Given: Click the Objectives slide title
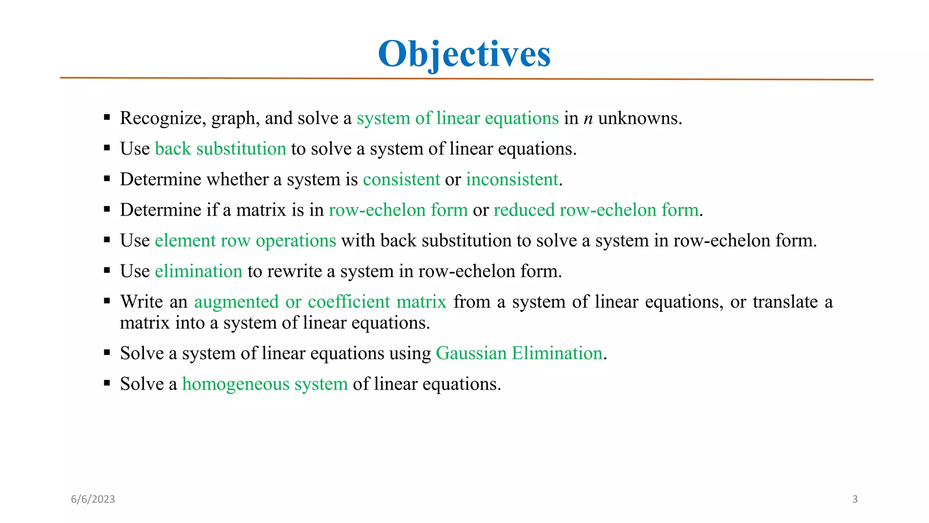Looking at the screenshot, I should [464, 54].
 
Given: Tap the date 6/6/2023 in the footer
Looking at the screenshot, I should [93, 499].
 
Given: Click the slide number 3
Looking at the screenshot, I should [855, 499].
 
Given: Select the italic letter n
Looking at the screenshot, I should [588, 119].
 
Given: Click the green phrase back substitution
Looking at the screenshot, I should [220, 149].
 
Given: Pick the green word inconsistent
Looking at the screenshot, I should [512, 179].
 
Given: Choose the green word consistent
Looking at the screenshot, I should [401, 179].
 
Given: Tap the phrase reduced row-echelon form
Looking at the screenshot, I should [596, 210].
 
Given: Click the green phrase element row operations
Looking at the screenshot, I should [245, 241].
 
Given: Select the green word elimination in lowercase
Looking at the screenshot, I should [199, 271].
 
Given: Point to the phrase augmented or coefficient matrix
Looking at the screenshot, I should [320, 302].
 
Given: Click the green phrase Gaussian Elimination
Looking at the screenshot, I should [519, 353].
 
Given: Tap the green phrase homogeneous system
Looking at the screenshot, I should [265, 384].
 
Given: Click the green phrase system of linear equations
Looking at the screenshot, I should [458, 118].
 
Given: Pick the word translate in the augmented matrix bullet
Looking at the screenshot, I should [785, 302].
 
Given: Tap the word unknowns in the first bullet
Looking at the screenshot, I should [640, 118].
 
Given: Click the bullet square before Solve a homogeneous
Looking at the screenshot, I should [107, 383].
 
